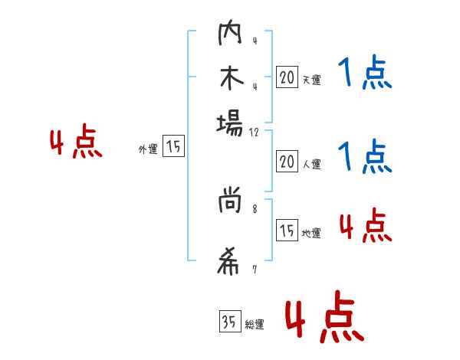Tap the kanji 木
(x=230, y=80)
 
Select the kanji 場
(x=230, y=123)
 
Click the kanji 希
(x=230, y=262)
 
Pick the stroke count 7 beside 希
(x=255, y=269)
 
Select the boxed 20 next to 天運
(x=287, y=77)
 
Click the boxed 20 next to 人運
(x=287, y=162)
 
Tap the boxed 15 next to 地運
(x=287, y=231)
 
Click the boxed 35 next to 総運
(x=228, y=322)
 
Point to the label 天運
(x=310, y=80)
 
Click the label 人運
(x=310, y=164)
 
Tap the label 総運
(x=254, y=325)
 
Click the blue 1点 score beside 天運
(x=364, y=75)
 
